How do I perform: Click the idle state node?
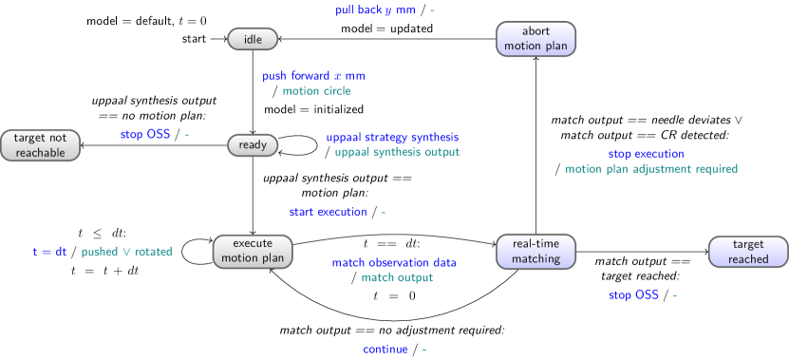253,39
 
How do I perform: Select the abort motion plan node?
535,39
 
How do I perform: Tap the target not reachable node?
40,145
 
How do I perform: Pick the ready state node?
253,145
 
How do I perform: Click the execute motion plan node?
253,252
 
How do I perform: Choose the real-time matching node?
535,252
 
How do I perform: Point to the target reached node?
748,252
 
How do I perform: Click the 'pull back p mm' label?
375,10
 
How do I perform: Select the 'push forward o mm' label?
313,76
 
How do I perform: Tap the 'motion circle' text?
316,91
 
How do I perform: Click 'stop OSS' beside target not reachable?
145,135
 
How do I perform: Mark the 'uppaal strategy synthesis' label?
392,137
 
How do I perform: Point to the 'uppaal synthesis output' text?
397,152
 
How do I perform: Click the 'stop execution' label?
646,154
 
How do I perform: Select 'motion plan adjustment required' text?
651,169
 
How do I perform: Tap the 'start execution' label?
328,212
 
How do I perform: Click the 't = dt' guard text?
48,252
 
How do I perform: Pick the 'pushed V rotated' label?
126,252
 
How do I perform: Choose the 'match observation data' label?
393,262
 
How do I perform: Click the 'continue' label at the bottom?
385,349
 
